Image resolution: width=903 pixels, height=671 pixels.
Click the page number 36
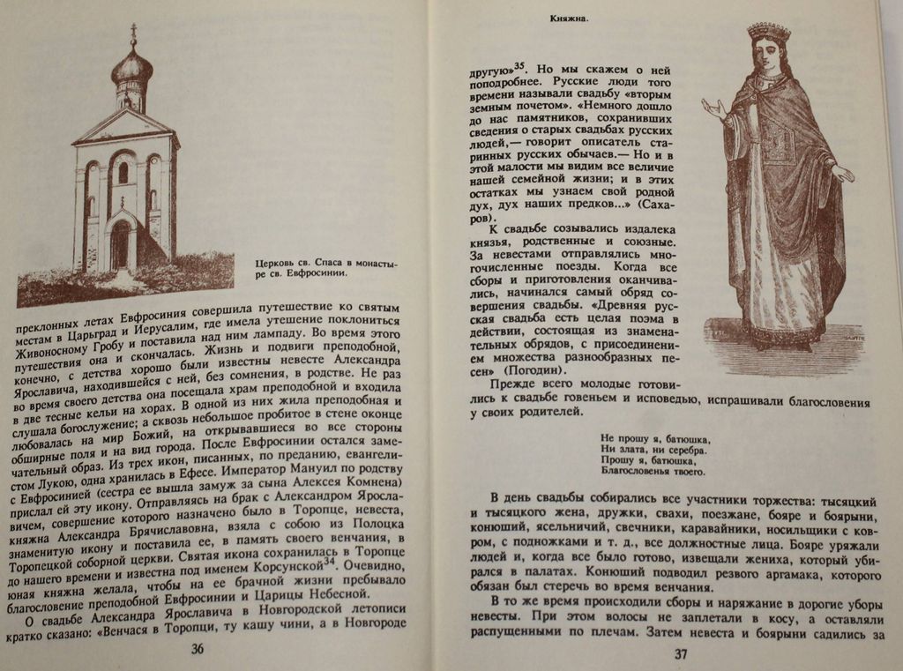(198, 649)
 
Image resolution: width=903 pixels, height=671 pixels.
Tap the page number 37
(680, 653)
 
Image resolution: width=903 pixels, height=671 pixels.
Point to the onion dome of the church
(132, 67)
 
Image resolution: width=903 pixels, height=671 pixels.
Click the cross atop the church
(134, 34)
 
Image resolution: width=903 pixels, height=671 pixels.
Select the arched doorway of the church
(120, 244)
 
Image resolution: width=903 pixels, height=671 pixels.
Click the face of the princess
(767, 56)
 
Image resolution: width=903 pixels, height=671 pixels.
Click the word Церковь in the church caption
(274, 263)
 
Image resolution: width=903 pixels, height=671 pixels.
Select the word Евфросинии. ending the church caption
(312, 274)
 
